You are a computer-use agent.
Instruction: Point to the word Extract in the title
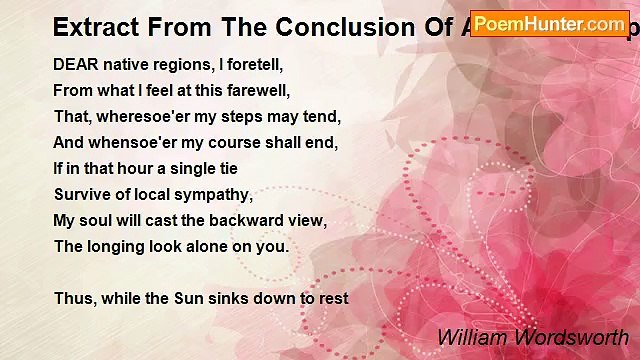click(x=93, y=26)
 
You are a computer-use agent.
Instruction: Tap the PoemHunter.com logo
click(x=549, y=23)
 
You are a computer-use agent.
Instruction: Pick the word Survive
click(x=81, y=194)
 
